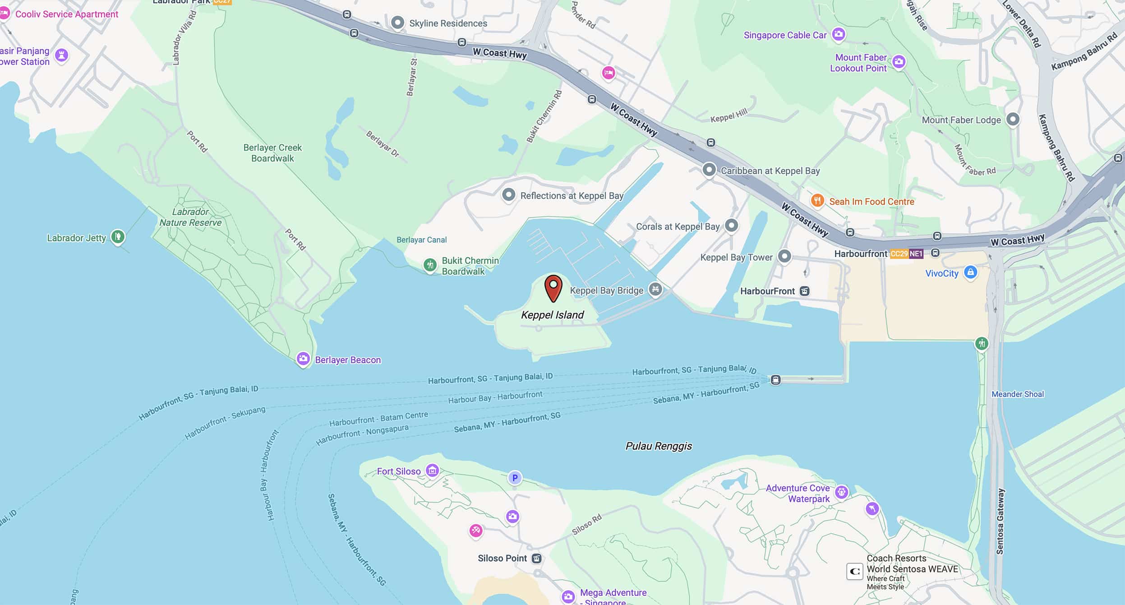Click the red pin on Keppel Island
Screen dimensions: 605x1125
point(553,287)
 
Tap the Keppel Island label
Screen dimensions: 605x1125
point(552,315)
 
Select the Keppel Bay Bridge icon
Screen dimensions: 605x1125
point(655,289)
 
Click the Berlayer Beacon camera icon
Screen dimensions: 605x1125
point(303,359)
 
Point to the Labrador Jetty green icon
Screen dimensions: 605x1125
point(118,236)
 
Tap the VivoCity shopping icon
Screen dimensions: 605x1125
point(970,272)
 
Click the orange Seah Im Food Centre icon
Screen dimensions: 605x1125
point(817,200)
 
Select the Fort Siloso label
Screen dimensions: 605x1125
point(399,471)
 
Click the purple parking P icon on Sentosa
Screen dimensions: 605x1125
point(515,478)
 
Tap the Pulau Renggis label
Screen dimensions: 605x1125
point(659,446)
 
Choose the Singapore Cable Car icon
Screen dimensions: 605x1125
point(838,34)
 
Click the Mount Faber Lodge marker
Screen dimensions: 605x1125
point(1013,120)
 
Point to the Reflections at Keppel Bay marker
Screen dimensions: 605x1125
point(508,195)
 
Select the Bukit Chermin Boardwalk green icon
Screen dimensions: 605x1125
point(430,265)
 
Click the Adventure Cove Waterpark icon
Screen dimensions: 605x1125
point(841,492)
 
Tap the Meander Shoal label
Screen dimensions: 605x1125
point(1017,394)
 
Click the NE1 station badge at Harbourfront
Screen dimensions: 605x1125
point(916,254)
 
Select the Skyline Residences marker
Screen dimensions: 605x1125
point(397,23)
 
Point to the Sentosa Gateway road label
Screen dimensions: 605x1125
point(1000,521)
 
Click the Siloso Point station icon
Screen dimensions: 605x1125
point(536,559)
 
